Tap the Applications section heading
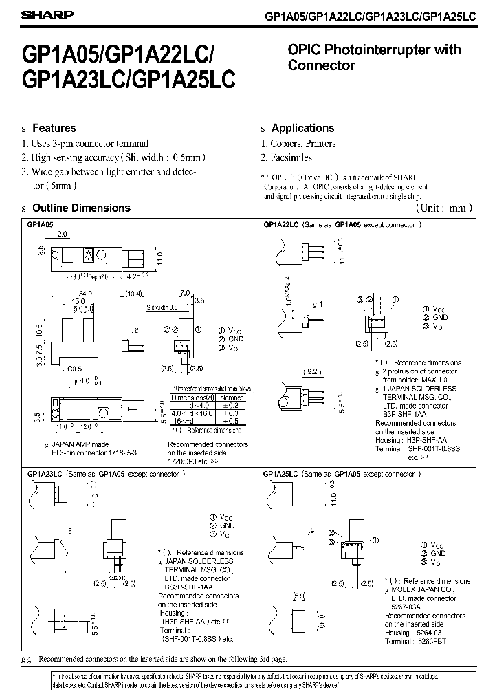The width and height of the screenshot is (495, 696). tap(302, 128)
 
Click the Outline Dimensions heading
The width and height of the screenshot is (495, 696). tap(81, 208)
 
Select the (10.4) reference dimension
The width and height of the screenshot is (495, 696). tap(135, 294)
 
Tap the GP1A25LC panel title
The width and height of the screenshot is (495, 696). tap(279, 474)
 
